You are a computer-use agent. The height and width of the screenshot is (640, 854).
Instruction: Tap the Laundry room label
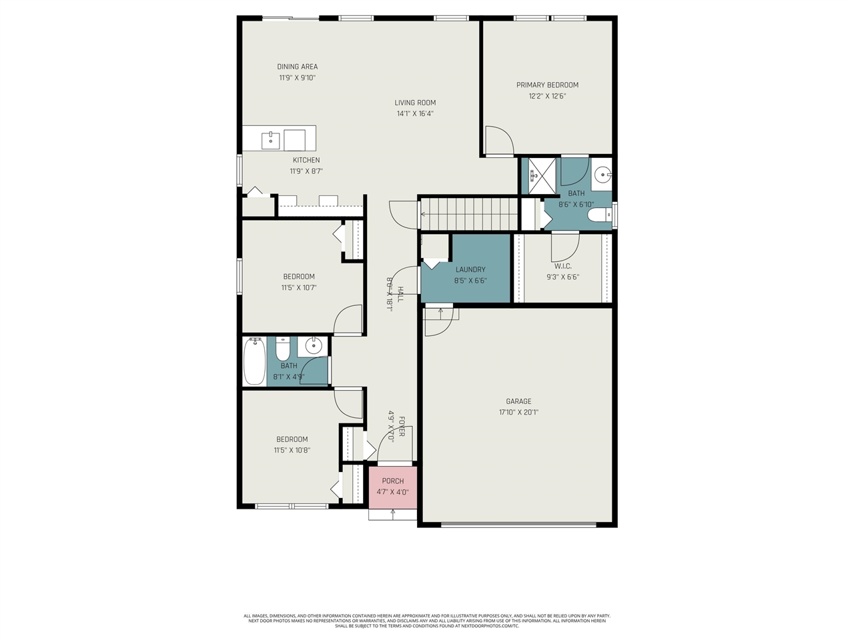pyautogui.click(x=470, y=269)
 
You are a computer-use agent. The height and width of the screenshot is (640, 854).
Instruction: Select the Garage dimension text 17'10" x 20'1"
pyautogui.click(x=518, y=412)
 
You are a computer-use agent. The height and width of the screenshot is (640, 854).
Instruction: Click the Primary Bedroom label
pyautogui.click(x=547, y=85)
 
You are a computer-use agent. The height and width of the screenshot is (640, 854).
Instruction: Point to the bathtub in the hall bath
pyautogui.click(x=254, y=361)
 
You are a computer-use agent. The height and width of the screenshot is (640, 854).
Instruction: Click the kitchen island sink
pyautogui.click(x=270, y=140)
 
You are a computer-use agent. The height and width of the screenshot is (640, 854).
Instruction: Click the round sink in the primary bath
pyautogui.click(x=602, y=175)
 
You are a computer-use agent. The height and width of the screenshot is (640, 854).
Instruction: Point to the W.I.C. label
pyautogui.click(x=562, y=266)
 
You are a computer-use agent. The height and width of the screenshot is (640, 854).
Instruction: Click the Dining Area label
pyautogui.click(x=298, y=67)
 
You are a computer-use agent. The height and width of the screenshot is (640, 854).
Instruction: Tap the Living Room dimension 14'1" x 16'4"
pyautogui.click(x=415, y=113)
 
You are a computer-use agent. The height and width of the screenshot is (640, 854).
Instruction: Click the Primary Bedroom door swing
pyautogui.click(x=498, y=141)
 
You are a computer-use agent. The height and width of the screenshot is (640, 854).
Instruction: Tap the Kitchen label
pyautogui.click(x=306, y=160)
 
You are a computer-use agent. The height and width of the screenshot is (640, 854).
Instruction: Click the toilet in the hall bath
pyautogui.click(x=283, y=349)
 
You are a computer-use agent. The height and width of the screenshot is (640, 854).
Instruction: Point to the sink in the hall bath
pyautogui.click(x=313, y=346)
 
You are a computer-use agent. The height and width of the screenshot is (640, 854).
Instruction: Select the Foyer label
pyautogui.click(x=402, y=427)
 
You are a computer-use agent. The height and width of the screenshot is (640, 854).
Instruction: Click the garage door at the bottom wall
pyautogui.click(x=518, y=524)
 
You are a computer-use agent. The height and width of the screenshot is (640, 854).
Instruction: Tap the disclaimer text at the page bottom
pyautogui.click(x=427, y=621)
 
